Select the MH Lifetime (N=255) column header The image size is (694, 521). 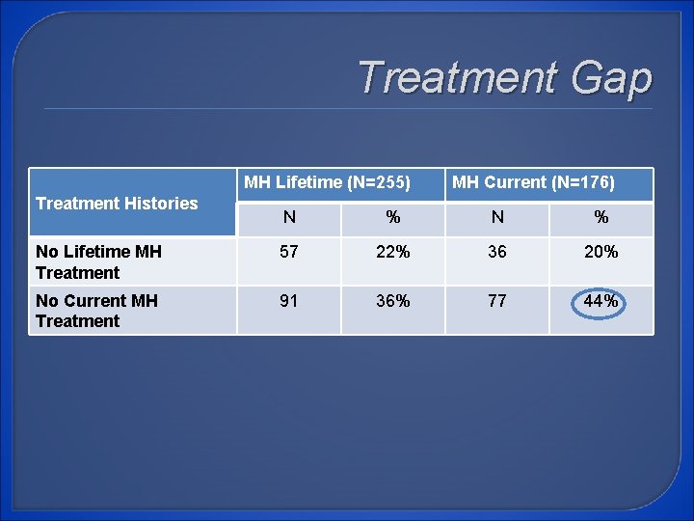pyautogui.click(x=327, y=182)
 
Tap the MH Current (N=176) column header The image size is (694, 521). pyautogui.click(x=533, y=182)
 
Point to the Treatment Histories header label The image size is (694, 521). pyautogui.click(x=117, y=203)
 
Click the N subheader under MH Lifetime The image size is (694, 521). pyautogui.click(x=289, y=218)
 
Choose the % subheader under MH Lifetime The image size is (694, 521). pyautogui.click(x=392, y=218)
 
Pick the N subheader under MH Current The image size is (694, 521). pyautogui.click(x=497, y=218)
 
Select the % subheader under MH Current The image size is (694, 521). pyautogui.click(x=601, y=218)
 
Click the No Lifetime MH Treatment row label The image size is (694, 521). pyautogui.click(x=98, y=261)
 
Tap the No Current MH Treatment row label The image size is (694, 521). pyautogui.click(x=96, y=311)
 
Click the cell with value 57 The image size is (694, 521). pyautogui.click(x=289, y=252)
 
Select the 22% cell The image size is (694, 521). pyautogui.click(x=392, y=252)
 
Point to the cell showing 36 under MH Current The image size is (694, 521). pyautogui.click(x=497, y=252)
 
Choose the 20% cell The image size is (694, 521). pyautogui.click(x=601, y=252)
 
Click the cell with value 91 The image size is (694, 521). pyautogui.click(x=289, y=301)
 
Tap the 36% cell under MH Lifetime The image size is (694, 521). pyautogui.click(x=392, y=301)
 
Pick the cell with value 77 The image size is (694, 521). pyautogui.click(x=497, y=301)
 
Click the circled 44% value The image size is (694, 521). pyautogui.click(x=601, y=301)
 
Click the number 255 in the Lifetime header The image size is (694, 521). pyautogui.click(x=387, y=182)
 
